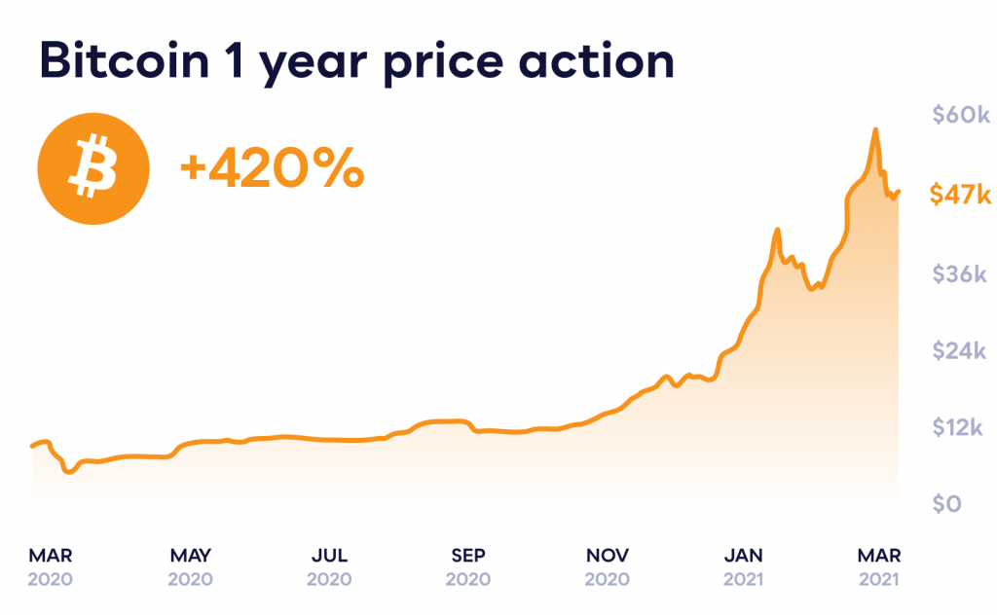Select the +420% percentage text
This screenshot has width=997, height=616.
pos(272,170)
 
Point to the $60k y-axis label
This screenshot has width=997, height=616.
pos(960,116)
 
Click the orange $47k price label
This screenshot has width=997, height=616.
pos(960,195)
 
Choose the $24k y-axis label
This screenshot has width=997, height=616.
pos(960,350)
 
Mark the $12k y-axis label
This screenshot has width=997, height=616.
pos(960,427)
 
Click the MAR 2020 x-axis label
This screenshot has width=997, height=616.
pos(51,566)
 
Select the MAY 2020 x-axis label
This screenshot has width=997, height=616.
pos(190,566)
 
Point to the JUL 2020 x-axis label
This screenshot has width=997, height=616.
pos(329,566)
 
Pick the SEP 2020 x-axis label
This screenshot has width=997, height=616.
pos(468,566)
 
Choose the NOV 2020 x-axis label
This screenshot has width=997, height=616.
pos(608,566)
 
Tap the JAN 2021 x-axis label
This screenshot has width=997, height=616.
pos(744,566)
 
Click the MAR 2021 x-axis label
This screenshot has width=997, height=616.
pos(879,566)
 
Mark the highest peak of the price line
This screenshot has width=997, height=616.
pos(875,129)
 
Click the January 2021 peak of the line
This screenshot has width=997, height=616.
pos(777,231)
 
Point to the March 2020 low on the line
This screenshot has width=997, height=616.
pos(67,472)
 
